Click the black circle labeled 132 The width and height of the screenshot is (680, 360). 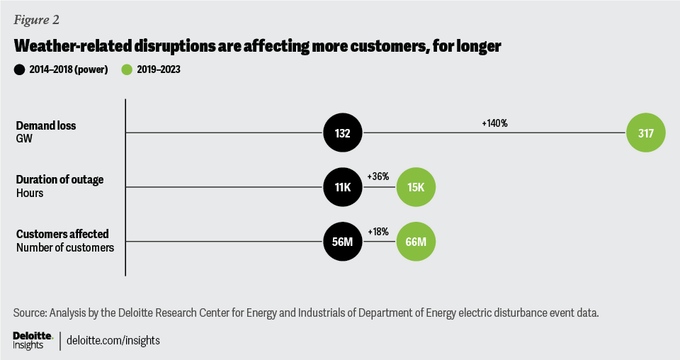pos(343,133)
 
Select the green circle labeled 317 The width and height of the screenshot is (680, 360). pos(645,133)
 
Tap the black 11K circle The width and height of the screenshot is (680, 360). pos(343,188)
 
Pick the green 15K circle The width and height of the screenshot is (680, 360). pos(416,188)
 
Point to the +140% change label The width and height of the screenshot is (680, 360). pos(494,123)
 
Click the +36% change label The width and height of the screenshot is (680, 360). pos(378,176)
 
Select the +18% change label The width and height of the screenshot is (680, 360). pos(378,232)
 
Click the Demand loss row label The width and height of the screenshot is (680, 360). pos(46,125)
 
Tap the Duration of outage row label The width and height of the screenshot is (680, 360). pos(60,180)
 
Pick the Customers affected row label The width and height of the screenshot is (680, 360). pos(62,235)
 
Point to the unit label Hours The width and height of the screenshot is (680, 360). pos(30,192)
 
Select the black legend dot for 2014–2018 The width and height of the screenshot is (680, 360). pos(20,69)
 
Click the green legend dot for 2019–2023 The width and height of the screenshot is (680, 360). pos(127,69)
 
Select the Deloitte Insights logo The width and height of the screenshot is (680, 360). pos(33,339)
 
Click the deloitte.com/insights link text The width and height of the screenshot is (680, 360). pos(113,340)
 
